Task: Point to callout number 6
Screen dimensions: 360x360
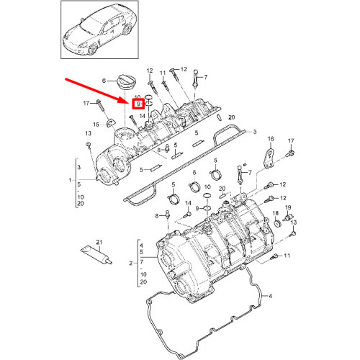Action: (104, 80)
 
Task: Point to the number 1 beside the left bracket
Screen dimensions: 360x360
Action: (70, 179)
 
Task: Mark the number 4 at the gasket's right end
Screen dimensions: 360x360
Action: (271, 297)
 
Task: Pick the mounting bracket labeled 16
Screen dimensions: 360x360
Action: (268, 158)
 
